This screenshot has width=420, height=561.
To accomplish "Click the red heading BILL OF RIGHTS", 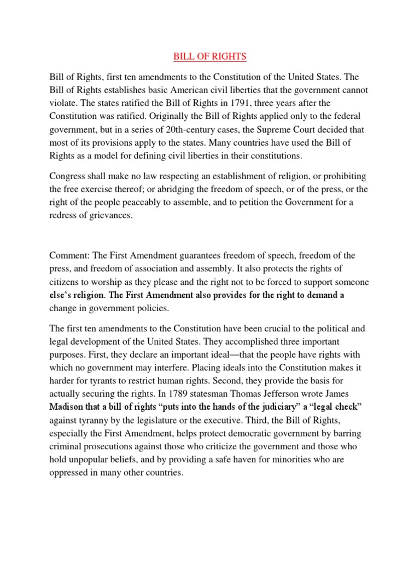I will [210, 56].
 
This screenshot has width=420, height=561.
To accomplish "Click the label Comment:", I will [69, 255].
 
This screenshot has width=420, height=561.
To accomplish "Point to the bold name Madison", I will [68, 407].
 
